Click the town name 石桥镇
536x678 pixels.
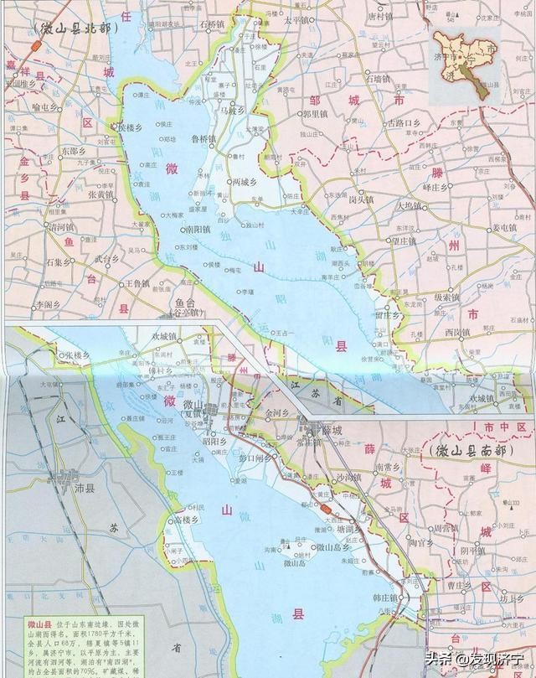(216, 24)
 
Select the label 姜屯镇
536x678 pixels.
(507, 227)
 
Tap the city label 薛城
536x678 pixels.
(332, 430)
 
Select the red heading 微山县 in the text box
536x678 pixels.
(25, 625)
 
